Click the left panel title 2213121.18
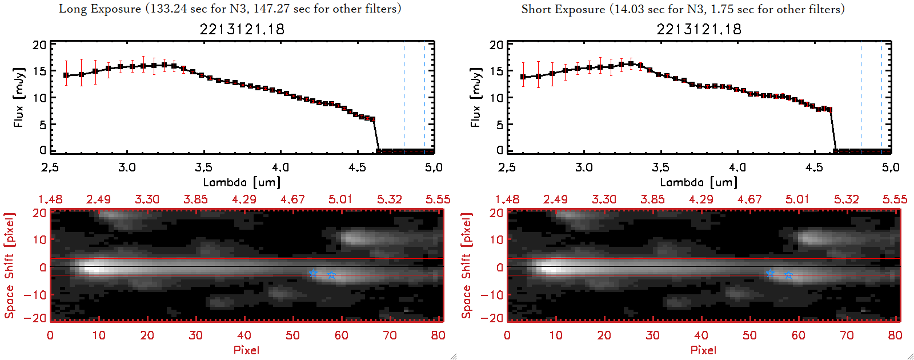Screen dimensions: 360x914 [x=242, y=29]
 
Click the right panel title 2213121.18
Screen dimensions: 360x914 [x=699, y=29]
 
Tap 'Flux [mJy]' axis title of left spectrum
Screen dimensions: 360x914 [x=19, y=97]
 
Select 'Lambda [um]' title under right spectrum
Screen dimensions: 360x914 [x=699, y=182]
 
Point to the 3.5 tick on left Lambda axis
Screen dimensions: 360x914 [x=203, y=167]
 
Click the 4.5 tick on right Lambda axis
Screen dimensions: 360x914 [x=814, y=167]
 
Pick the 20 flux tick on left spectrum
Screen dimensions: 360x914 [x=39, y=45]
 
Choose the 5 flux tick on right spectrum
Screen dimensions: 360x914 [x=500, y=125]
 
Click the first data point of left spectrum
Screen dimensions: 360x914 [x=66, y=75]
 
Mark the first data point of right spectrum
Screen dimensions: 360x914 [x=523, y=77]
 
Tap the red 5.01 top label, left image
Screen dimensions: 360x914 [x=340, y=199]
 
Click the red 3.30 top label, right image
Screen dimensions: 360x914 [x=604, y=199]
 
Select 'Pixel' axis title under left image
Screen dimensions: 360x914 [x=246, y=350]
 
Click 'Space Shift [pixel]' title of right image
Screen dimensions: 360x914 [x=467, y=266]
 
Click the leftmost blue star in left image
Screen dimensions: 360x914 [x=313, y=273]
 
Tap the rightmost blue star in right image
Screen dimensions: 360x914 [x=788, y=275]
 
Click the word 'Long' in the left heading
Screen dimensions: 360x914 [x=73, y=9]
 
